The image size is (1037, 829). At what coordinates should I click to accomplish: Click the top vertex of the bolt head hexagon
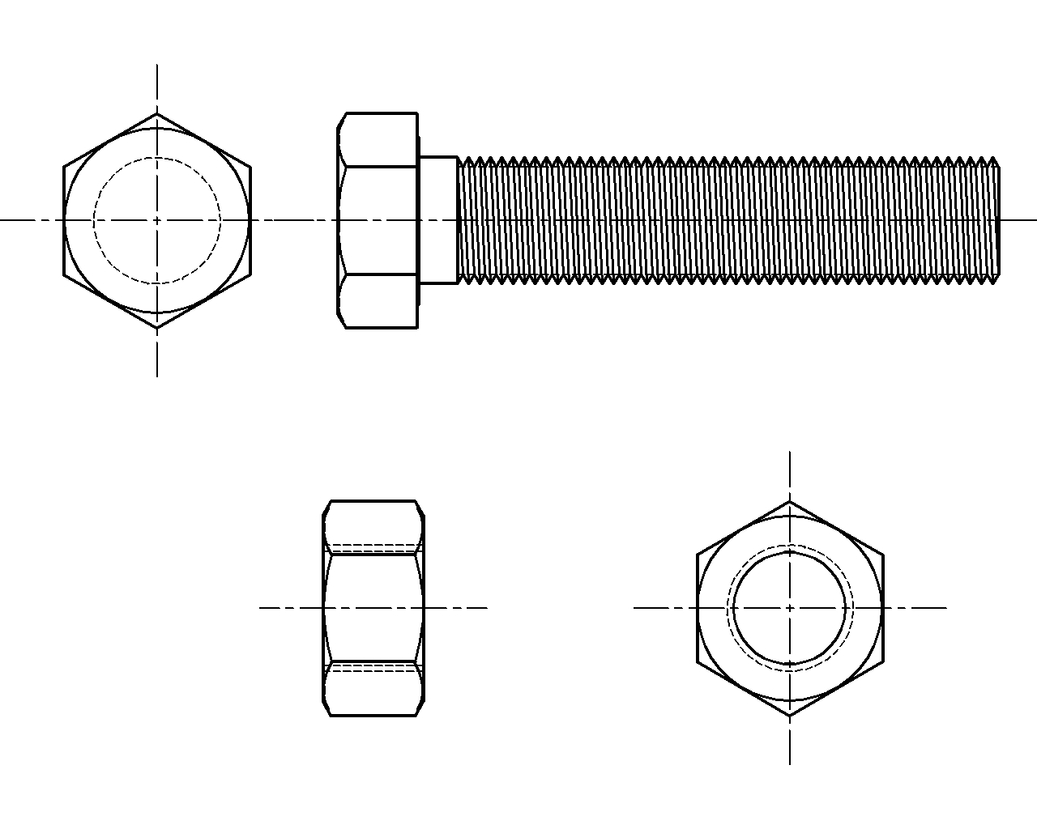point(157,113)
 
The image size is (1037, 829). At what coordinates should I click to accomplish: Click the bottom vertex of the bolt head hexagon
point(157,328)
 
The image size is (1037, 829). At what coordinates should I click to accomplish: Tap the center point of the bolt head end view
point(157,220)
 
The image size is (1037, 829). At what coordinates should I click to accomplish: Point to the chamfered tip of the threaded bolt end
point(996,220)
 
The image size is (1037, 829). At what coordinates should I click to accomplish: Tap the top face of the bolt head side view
point(378,140)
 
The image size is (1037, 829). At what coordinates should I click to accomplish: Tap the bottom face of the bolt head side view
point(378,301)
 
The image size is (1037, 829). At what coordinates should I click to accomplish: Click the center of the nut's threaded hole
point(790,607)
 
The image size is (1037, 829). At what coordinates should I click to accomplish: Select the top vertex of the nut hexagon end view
point(790,500)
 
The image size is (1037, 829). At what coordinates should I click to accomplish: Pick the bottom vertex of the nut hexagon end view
point(790,716)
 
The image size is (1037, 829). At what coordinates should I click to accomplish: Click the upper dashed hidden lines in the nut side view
point(373,544)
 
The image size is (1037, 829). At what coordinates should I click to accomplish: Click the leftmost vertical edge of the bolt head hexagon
point(64,220)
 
